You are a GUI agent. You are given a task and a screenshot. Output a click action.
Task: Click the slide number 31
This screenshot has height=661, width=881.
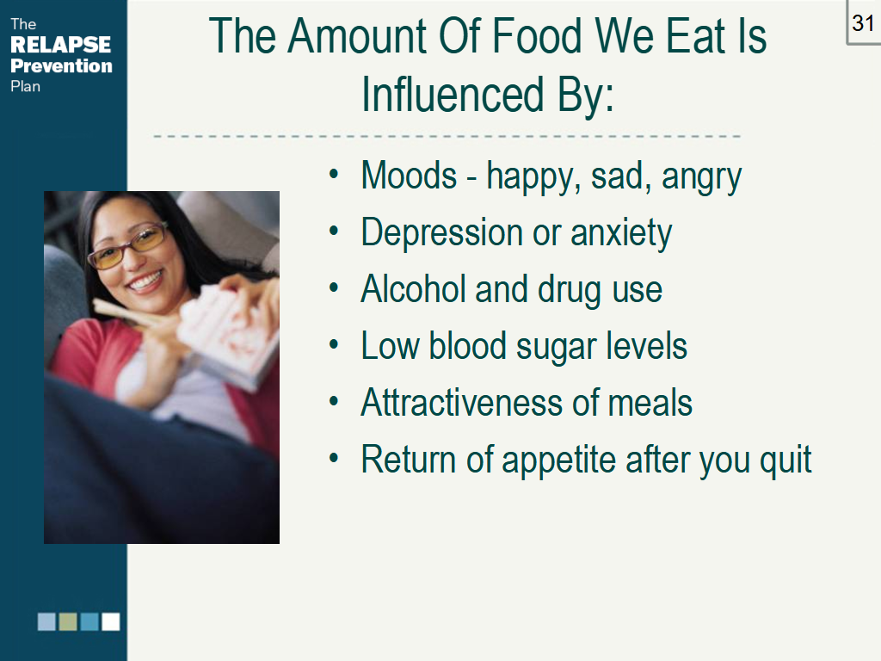[862, 23]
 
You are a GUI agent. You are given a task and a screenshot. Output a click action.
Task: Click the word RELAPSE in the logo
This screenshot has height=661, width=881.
[61, 45]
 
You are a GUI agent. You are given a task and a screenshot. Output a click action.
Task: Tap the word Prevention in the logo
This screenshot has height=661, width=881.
[61, 65]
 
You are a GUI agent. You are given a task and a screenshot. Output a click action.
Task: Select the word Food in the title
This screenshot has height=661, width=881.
[536, 36]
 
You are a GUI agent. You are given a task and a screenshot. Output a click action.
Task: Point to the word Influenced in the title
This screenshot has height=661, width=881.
[453, 94]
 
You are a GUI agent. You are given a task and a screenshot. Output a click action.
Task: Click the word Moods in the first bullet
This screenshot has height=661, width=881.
[409, 176]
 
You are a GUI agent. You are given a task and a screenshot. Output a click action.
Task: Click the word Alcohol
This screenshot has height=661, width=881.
[413, 289]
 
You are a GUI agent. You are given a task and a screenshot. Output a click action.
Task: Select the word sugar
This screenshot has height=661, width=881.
[557, 348]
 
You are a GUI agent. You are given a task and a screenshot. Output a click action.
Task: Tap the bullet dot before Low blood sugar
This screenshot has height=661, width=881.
[334, 344]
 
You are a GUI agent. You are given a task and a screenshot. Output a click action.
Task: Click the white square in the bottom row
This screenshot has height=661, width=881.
[111, 621]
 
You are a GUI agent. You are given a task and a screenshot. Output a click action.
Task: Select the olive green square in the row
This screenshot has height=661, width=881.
[68, 621]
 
